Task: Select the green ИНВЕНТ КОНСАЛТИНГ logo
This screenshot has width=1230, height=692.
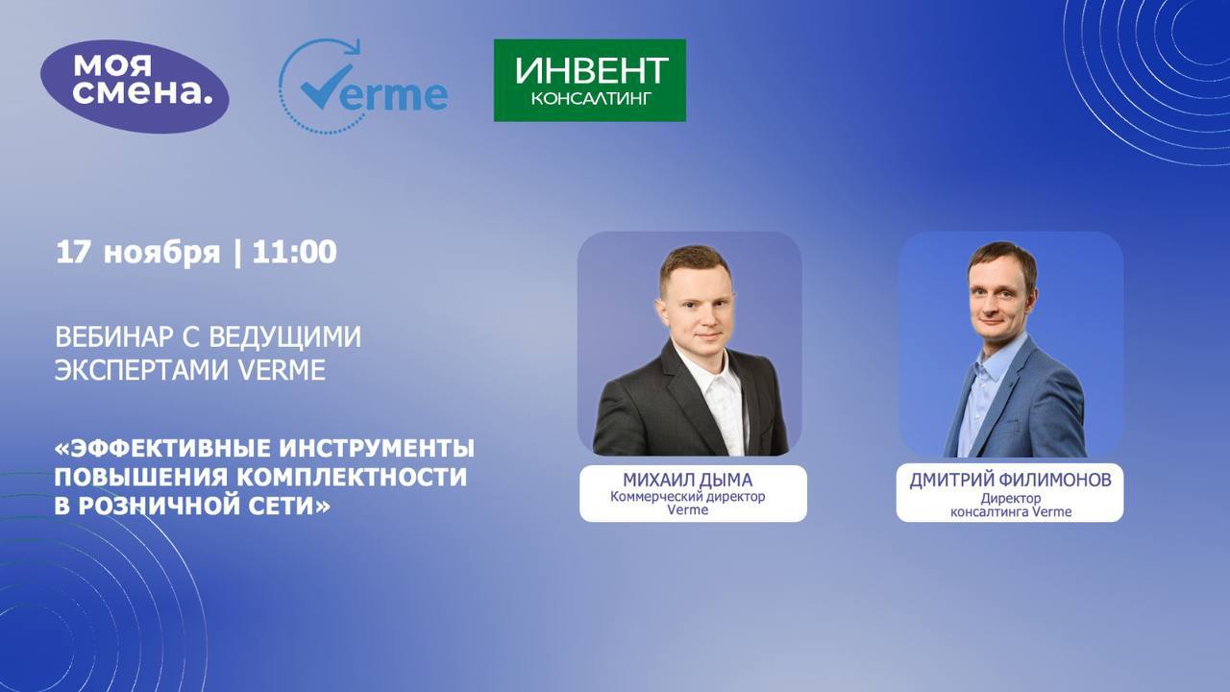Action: point(589,80)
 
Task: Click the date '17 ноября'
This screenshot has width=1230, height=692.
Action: point(138,252)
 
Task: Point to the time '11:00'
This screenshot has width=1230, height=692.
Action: point(294,252)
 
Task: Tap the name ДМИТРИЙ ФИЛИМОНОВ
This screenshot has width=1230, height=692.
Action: point(1009,480)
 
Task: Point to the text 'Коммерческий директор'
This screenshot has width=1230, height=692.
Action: point(688,497)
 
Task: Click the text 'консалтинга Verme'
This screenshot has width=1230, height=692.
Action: point(1011,512)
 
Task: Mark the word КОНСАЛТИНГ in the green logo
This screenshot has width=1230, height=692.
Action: point(590,99)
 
